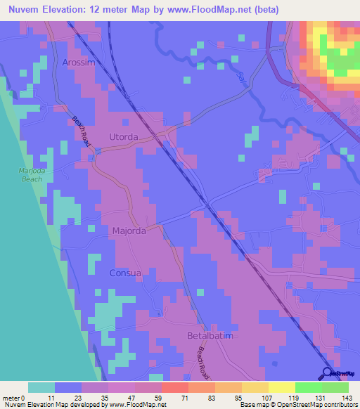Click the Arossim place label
pyautogui.click(x=77, y=63)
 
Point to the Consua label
pyautogui.click(x=125, y=273)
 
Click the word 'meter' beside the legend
pyautogui.click(x=12, y=397)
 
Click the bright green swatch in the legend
pyautogui.click(x=309, y=387)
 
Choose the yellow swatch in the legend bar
pyautogui.click(x=282, y=387)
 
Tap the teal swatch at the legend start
pyautogui.click(x=41, y=387)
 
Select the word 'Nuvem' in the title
pyautogui.click(x=21, y=10)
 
